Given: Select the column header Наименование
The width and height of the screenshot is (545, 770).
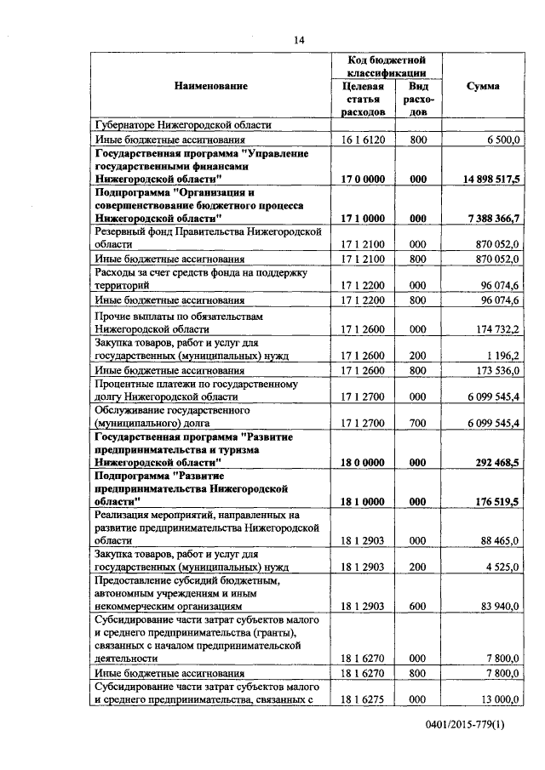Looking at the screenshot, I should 211,87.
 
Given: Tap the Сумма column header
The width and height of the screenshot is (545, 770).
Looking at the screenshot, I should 483,87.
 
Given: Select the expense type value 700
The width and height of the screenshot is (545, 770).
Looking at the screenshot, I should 417,423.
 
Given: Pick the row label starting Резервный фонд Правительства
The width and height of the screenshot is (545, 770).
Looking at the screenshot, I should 209,237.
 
